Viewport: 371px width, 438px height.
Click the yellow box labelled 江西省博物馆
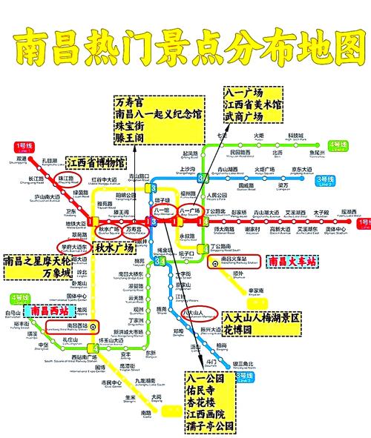(x=95, y=162)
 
